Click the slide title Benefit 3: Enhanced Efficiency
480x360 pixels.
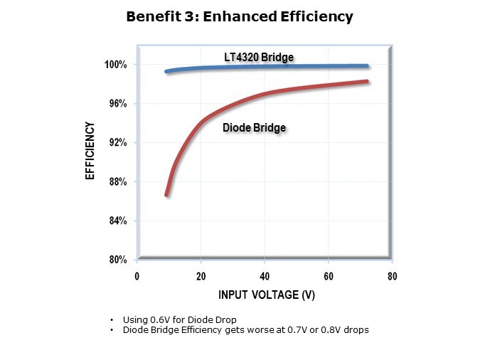tap(240, 17)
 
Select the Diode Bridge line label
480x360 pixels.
tap(255, 128)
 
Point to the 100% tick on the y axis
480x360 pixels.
tap(115, 65)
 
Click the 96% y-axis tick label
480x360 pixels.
tap(117, 104)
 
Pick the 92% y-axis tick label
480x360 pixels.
tap(117, 143)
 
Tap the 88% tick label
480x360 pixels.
tap(117, 182)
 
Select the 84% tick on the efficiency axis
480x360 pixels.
tap(117, 221)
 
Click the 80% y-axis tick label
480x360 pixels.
tap(117, 260)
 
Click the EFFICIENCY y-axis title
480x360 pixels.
tap(90, 152)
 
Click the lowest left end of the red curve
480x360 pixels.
tap(167, 194)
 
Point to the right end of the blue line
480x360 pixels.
tap(367, 66)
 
